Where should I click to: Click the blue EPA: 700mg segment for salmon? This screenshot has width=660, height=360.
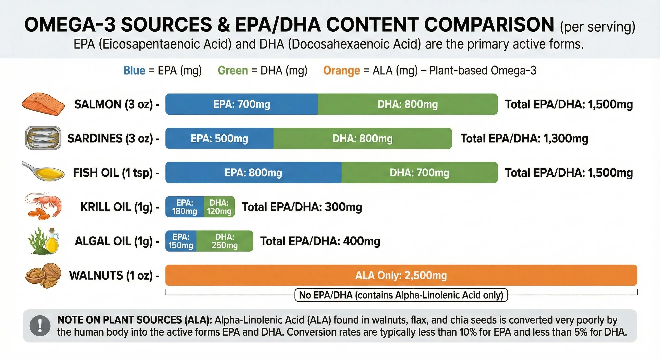click(x=241, y=104)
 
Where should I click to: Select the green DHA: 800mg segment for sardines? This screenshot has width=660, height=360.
click(x=362, y=138)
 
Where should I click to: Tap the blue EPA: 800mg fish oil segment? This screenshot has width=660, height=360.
click(x=253, y=172)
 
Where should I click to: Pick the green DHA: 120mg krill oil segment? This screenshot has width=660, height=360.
click(x=219, y=207)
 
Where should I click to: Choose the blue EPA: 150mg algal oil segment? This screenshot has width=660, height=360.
click(x=181, y=241)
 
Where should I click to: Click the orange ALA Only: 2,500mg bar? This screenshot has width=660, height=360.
click(x=401, y=275)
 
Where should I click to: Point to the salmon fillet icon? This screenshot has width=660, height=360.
click(x=43, y=104)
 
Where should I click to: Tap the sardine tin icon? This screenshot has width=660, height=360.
click(x=43, y=138)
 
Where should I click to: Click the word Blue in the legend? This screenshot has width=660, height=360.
click(x=134, y=71)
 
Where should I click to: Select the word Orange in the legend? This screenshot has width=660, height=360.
click(x=341, y=71)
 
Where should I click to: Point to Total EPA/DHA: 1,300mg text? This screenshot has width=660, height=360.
click(x=524, y=138)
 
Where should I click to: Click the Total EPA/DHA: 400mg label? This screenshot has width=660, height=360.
click(x=320, y=241)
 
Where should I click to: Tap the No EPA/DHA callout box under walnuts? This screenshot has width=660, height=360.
click(x=401, y=295)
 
